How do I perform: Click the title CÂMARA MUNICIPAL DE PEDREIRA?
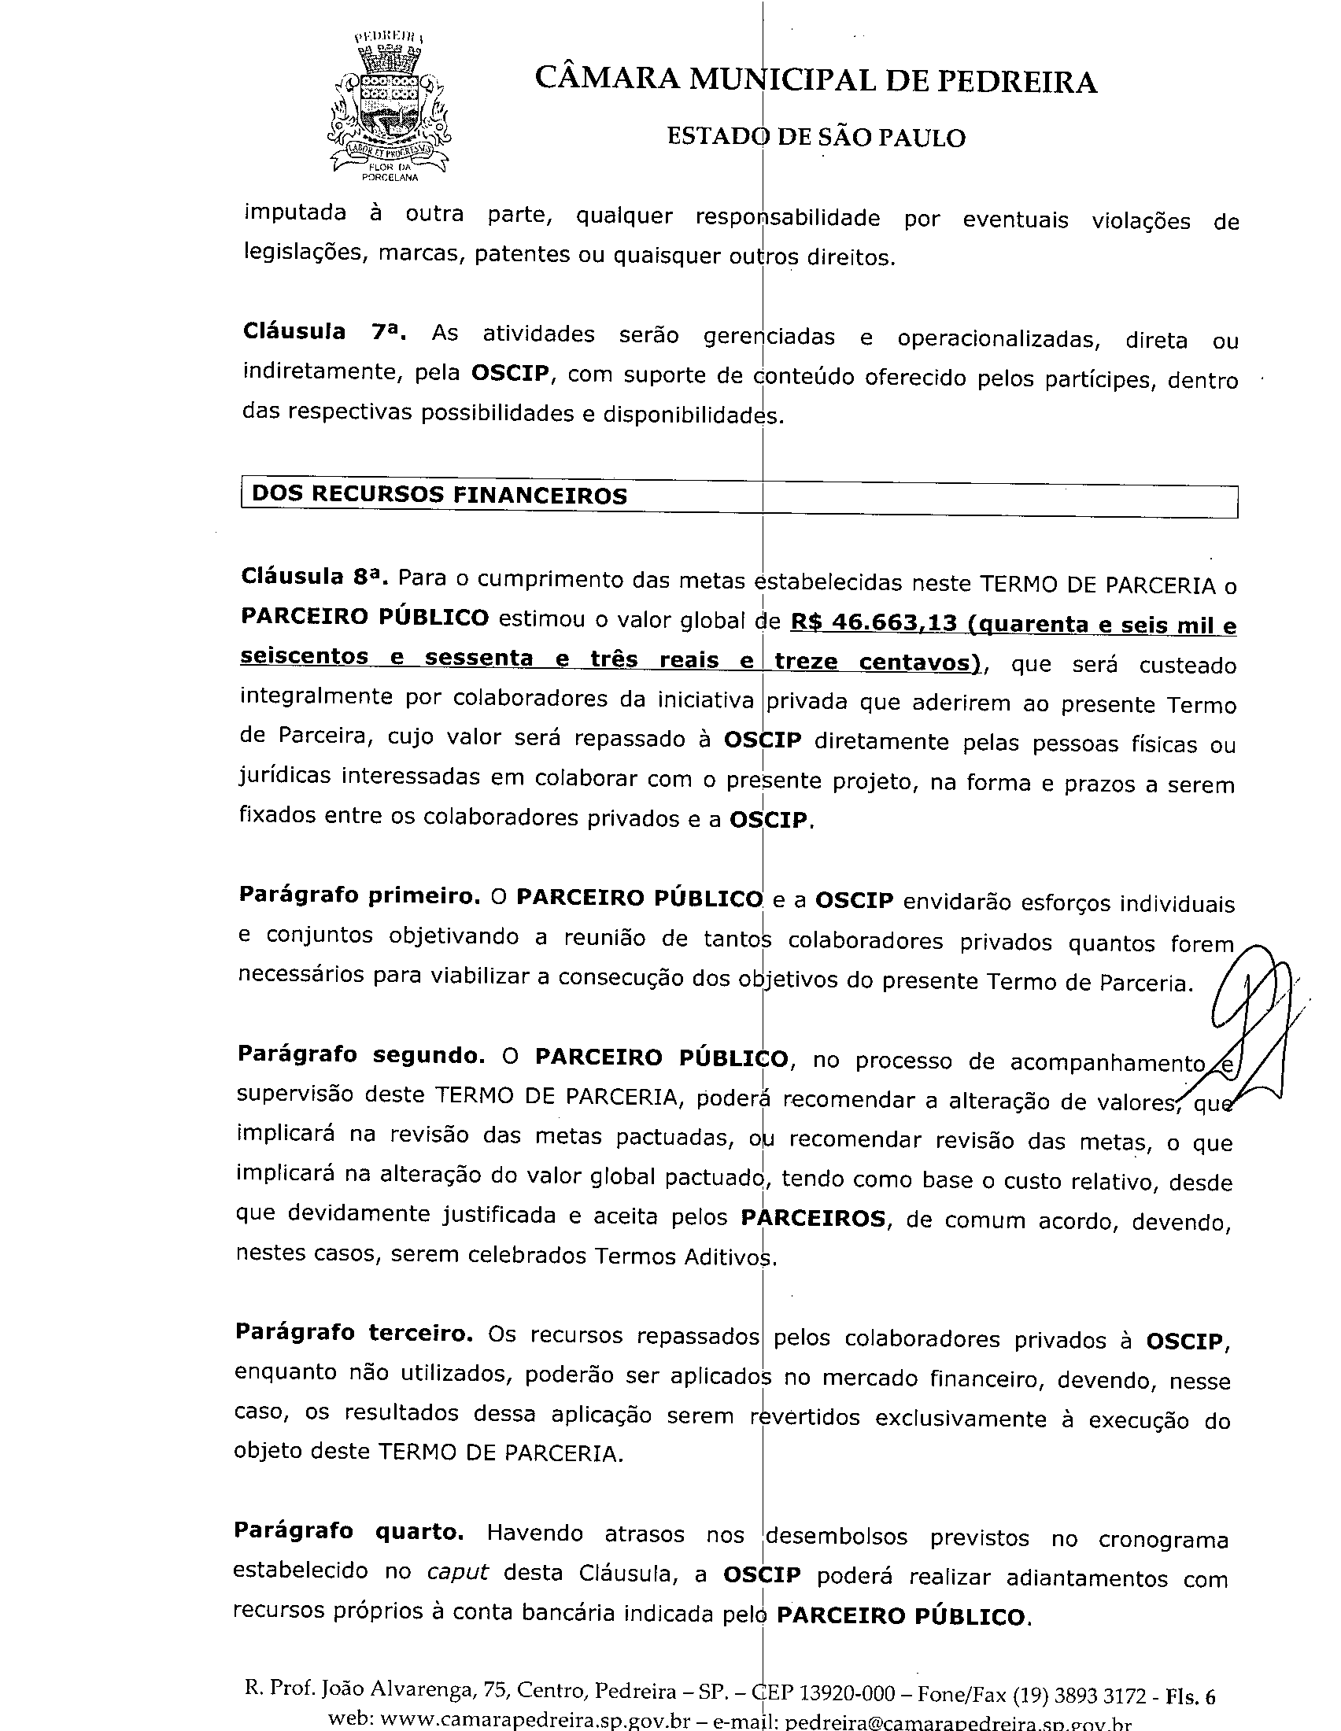click(815, 80)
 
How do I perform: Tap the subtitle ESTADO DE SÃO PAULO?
click(815, 137)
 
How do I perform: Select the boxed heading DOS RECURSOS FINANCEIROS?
click(439, 496)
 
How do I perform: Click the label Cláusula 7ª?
click(324, 331)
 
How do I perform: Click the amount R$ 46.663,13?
click(874, 623)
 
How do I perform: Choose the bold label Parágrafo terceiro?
click(353, 1332)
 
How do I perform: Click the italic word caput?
click(457, 1572)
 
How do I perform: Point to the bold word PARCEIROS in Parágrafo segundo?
click(813, 1217)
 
